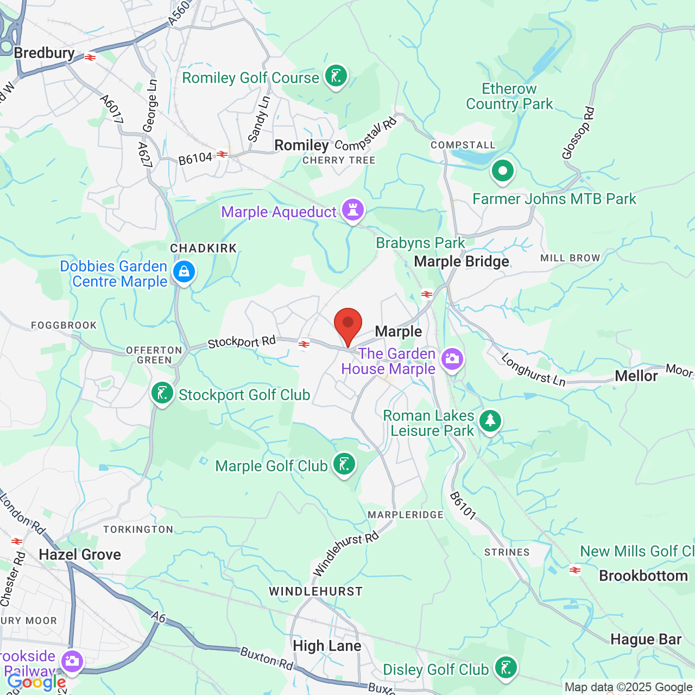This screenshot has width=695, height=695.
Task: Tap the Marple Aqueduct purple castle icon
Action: [353, 210]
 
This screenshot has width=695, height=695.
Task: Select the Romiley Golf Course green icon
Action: [336, 77]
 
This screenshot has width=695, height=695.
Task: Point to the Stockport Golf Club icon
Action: [162, 394]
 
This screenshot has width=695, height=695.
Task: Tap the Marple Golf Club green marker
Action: [344, 465]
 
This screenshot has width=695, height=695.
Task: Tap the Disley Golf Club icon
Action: [506, 668]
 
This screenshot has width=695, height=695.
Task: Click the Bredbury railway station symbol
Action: [90, 57]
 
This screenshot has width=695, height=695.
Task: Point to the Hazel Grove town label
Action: [80, 554]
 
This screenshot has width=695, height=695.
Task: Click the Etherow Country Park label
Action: [509, 96]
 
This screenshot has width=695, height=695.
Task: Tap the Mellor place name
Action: [636, 376]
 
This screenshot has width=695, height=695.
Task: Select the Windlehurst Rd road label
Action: [345, 554]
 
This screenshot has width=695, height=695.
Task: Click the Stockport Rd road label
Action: [242, 342]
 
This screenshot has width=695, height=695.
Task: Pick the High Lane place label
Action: [327, 646]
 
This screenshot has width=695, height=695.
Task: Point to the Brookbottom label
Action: [643, 576]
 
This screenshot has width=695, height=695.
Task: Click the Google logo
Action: [36, 682]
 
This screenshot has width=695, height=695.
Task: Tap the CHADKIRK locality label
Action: [204, 248]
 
